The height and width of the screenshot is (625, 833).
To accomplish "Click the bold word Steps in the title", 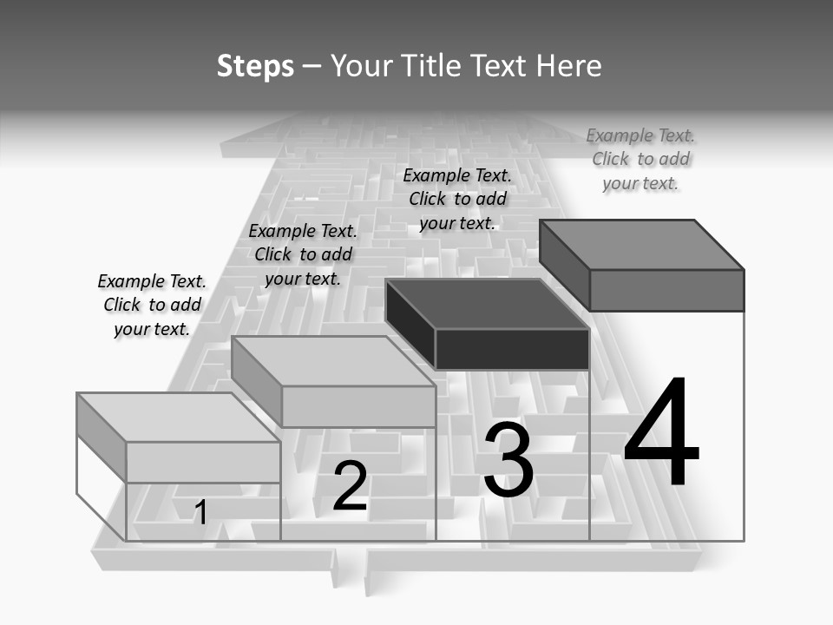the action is (x=255, y=66).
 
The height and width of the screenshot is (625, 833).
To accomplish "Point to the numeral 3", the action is (x=508, y=460).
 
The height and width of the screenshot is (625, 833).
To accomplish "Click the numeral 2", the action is (x=350, y=486).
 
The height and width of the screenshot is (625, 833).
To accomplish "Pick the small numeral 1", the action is (x=200, y=512).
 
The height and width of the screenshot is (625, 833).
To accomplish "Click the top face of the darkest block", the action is (x=486, y=304).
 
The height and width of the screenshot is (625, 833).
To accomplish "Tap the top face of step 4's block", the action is (x=642, y=244).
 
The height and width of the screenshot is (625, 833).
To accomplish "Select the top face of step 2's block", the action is (x=333, y=361).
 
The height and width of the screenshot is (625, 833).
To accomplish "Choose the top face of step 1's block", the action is (x=178, y=418).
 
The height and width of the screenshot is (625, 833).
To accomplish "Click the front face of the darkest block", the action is (x=512, y=349).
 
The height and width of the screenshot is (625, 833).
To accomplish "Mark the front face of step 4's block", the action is (x=666, y=290).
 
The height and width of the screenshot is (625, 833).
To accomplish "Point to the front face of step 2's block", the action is (x=358, y=406).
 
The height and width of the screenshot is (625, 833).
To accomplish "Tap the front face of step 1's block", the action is (x=203, y=462).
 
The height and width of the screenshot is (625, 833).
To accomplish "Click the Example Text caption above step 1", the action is (x=152, y=305).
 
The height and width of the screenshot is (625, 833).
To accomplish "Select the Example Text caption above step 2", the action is (x=303, y=254).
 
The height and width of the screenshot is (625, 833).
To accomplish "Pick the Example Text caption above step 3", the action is (x=457, y=199).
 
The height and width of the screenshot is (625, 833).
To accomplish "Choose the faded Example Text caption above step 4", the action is (x=640, y=159).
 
